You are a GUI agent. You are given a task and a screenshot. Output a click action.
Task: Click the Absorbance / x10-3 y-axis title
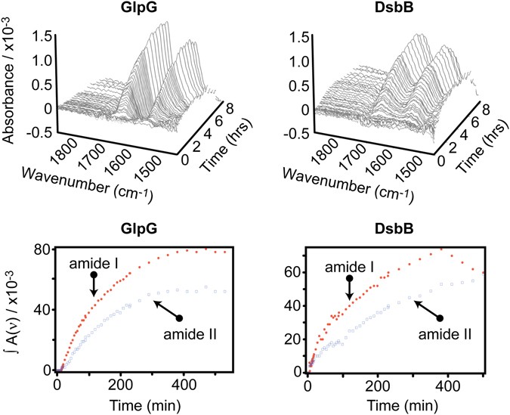pyautogui.click(x=11, y=90)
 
